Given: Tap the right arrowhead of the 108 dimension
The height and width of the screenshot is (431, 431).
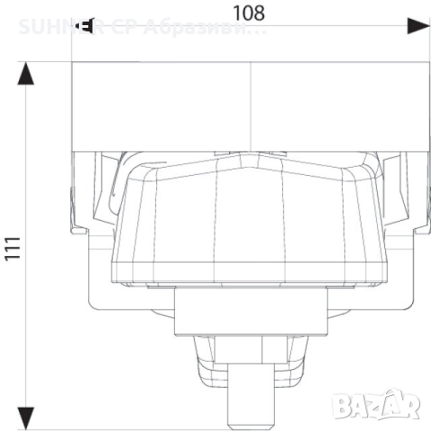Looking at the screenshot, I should (x=418, y=26).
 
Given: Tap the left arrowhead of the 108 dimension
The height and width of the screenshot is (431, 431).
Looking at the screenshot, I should (x=83, y=26).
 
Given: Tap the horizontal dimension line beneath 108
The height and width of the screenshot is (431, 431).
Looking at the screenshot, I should (x=251, y=26).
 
